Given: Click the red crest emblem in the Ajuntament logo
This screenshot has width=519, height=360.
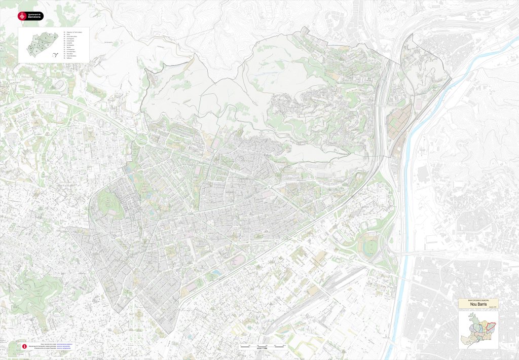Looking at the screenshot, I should click(22, 16).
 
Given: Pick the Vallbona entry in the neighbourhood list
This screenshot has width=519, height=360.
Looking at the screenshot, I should click(69, 59).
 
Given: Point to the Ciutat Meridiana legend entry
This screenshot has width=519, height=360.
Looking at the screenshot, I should click(71, 56).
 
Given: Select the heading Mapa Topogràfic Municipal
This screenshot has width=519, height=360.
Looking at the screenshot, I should click(475, 300).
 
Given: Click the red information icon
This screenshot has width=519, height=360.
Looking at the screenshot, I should click(24, 346).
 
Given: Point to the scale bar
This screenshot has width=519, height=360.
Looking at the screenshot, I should click(262, 346).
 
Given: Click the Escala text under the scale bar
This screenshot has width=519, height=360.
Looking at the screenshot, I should click(262, 349).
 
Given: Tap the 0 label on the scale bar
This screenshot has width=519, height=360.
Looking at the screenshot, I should click(240, 344).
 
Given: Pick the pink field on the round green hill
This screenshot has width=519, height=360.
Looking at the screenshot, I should click(107, 202).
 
